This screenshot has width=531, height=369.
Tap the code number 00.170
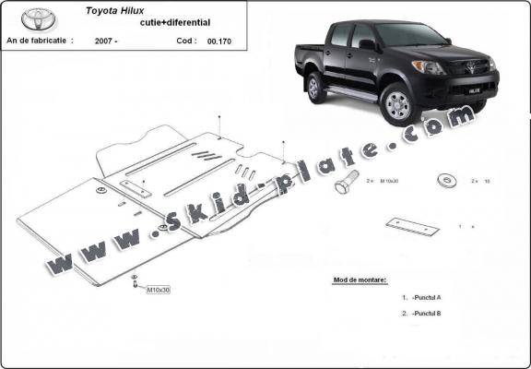tap(218, 42)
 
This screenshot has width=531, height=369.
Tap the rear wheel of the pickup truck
tap(317, 88)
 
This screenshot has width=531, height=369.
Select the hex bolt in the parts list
tap(346, 182)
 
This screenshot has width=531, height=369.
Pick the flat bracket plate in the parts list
tap(411, 226)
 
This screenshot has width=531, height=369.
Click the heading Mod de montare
tap(359, 279)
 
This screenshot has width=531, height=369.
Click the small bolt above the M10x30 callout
tap(135, 277)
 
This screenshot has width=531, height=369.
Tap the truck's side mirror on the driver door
tap(366, 43)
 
